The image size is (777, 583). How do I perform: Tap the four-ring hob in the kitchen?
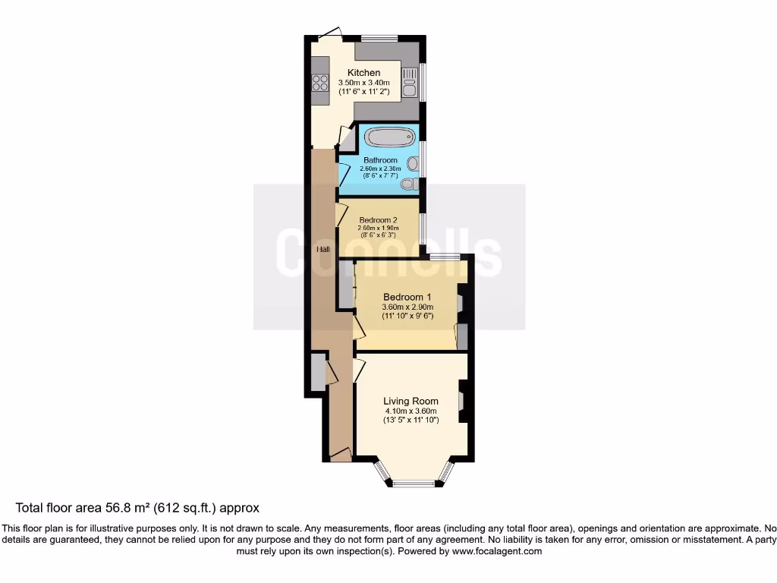click(x=319, y=83)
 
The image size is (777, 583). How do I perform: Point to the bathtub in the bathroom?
click(x=390, y=137)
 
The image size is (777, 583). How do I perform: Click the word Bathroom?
click(x=380, y=160)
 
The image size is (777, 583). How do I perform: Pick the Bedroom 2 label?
click(x=379, y=220)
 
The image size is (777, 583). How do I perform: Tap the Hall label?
click(x=323, y=249)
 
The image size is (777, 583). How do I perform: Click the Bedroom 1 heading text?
click(x=407, y=297)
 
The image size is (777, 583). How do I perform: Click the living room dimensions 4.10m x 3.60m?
click(x=411, y=411)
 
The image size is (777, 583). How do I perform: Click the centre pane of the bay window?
click(x=414, y=483)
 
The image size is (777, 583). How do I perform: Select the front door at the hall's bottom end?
click(x=341, y=456)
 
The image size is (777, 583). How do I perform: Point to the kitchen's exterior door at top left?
click(x=329, y=32)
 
